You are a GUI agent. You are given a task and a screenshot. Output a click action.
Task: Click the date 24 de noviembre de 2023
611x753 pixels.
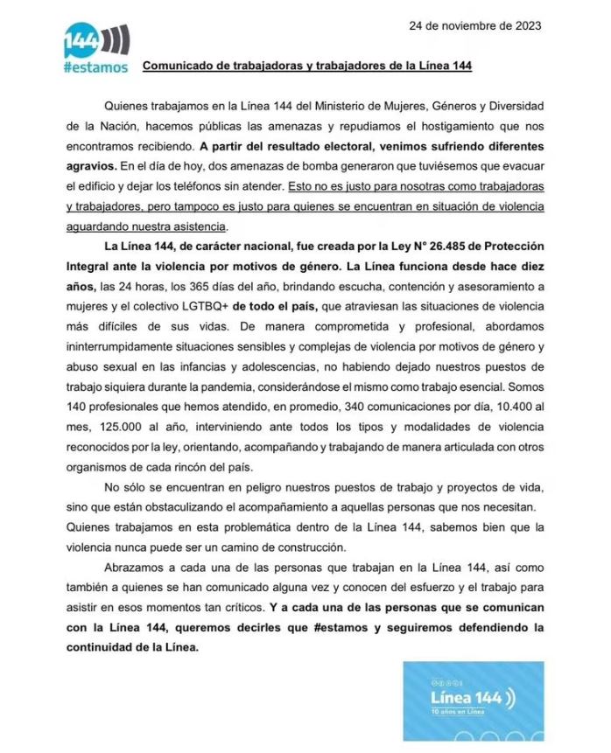click(474, 25)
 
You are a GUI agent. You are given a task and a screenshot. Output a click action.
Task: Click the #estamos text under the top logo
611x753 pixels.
click(95, 67)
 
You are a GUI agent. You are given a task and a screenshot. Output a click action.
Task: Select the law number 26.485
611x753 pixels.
click(418, 246)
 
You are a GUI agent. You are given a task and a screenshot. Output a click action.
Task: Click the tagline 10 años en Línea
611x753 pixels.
click(460, 713)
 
